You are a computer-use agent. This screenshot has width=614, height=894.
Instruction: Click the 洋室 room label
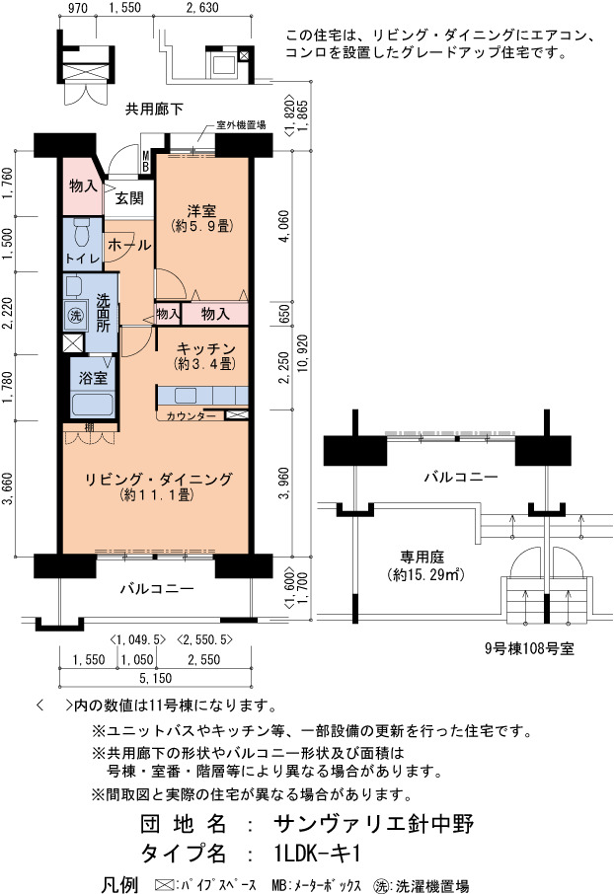point(202,211)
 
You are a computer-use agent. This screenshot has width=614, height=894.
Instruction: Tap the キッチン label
point(205,348)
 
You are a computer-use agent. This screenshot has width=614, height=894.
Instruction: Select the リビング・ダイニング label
point(159,479)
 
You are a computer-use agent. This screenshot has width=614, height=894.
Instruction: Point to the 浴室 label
point(93,378)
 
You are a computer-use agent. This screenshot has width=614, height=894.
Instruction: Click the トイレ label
point(83,259)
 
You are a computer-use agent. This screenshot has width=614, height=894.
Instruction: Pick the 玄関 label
point(129,198)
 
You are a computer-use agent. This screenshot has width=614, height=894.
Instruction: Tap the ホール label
point(129,245)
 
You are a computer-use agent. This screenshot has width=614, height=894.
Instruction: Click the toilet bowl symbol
point(83,232)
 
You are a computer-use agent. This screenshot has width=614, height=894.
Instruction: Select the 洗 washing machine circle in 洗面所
point(75,316)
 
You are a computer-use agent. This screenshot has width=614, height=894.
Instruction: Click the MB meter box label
point(146,162)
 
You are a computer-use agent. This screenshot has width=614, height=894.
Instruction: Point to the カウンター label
point(192,416)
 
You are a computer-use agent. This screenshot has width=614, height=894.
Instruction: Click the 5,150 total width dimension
point(156,679)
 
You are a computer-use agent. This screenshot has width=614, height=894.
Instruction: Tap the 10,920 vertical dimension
point(302,353)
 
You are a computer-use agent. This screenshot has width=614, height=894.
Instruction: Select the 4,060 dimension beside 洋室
point(284,226)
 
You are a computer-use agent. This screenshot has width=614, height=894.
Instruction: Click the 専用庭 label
point(422,557)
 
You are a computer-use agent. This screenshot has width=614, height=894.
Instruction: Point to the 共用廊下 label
point(154,109)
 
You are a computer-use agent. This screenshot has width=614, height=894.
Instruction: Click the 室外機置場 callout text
point(241,125)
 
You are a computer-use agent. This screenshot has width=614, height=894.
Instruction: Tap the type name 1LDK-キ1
point(317,854)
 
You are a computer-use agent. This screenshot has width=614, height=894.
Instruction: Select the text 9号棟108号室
point(529,648)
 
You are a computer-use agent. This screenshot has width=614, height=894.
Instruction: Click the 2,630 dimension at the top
point(203,8)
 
